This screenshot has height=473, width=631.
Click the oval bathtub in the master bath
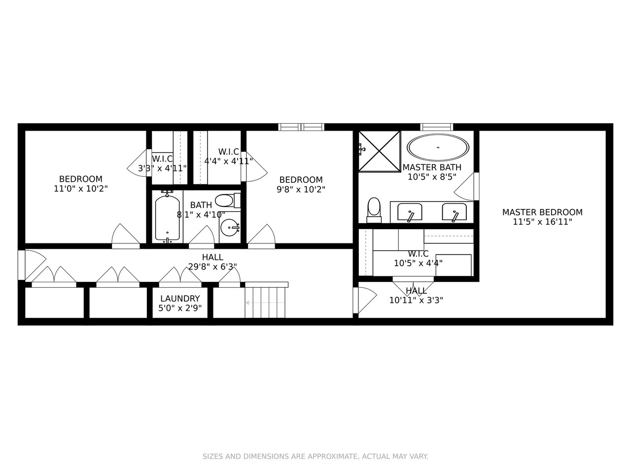point(438,147)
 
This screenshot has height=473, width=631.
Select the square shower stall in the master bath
point(379,151)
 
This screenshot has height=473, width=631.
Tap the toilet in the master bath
point(374,210)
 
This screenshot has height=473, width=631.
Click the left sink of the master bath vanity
point(410,212)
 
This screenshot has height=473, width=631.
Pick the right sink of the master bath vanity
point(454,212)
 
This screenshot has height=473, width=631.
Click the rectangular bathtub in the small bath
point(167,218)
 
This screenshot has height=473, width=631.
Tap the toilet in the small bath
point(227,201)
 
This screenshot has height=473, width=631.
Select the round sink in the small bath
point(230,228)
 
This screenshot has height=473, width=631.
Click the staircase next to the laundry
point(266,302)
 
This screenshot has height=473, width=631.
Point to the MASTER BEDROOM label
point(542,212)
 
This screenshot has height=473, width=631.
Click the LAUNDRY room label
point(180,299)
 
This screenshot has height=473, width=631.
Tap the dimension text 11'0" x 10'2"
point(81,189)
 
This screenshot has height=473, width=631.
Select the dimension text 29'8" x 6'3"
point(212,267)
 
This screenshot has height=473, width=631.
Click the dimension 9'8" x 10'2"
point(301,189)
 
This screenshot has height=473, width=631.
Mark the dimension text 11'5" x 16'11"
point(542,222)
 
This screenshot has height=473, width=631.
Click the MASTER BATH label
point(432,168)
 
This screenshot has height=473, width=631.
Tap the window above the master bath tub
point(436,127)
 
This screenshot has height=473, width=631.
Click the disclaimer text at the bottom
point(315,457)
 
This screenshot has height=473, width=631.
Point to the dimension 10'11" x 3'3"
point(416,300)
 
